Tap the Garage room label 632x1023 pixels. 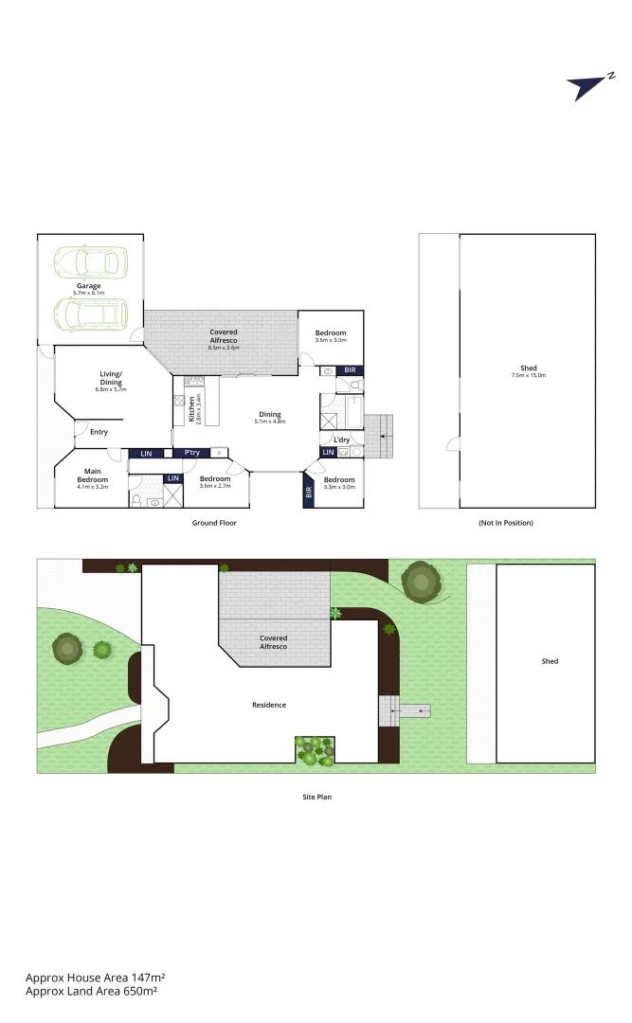(x=90, y=285)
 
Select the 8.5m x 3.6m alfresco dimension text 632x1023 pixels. (x=224, y=348)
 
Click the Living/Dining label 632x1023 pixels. (x=111, y=377)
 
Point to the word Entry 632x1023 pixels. (x=99, y=432)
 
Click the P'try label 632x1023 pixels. (x=191, y=453)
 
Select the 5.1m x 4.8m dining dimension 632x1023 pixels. (x=270, y=422)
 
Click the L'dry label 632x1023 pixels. (x=341, y=440)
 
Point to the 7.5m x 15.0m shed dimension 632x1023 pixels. (x=529, y=376)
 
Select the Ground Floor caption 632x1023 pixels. (x=214, y=523)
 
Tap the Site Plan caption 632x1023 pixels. (x=316, y=798)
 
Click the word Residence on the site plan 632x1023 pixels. (x=268, y=705)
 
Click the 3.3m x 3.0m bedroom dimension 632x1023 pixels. (x=339, y=487)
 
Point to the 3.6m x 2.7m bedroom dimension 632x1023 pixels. (x=215, y=487)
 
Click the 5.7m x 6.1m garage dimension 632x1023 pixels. (x=90, y=293)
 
